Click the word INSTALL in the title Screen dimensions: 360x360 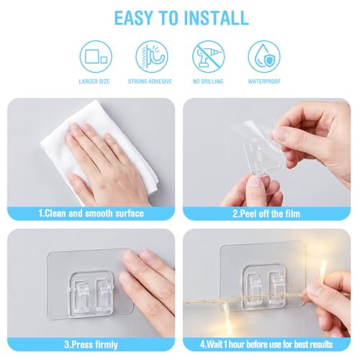[216, 18]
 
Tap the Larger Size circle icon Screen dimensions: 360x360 [96, 56]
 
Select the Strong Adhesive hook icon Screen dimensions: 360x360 [152, 56]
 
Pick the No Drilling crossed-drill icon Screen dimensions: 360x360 [208, 56]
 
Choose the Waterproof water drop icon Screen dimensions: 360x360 [264, 56]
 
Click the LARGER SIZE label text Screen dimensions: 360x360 [94, 81]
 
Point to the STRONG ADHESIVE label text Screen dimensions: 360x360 [150, 81]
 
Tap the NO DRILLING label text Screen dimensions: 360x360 [208, 81]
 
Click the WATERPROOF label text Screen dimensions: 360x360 [264, 81]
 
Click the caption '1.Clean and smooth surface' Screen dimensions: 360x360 [91, 213]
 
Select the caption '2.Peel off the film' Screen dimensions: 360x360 [266, 214]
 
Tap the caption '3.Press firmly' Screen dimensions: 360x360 [91, 345]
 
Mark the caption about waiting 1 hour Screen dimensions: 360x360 [266, 344]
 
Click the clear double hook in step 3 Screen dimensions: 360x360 [91, 292]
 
